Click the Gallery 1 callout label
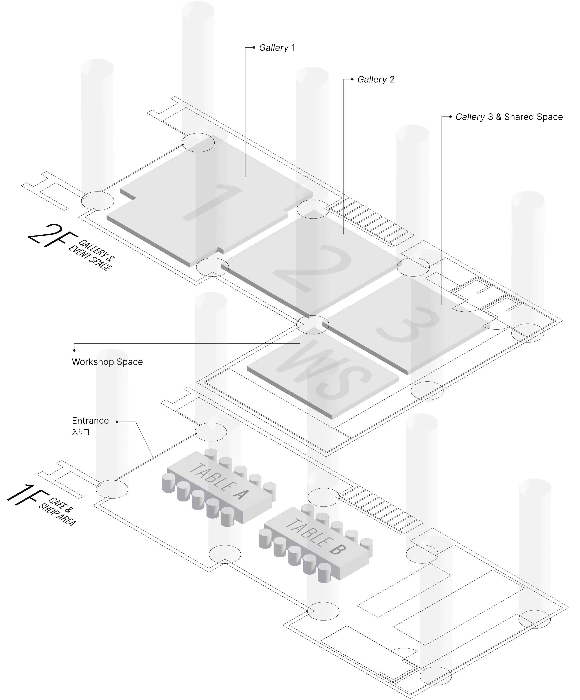tap(277, 48)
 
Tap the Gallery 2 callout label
tap(376, 79)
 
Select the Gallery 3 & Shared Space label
tap(509, 117)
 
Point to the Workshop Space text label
tap(107, 362)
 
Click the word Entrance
tap(90, 421)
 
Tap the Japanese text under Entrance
tap(81, 432)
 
